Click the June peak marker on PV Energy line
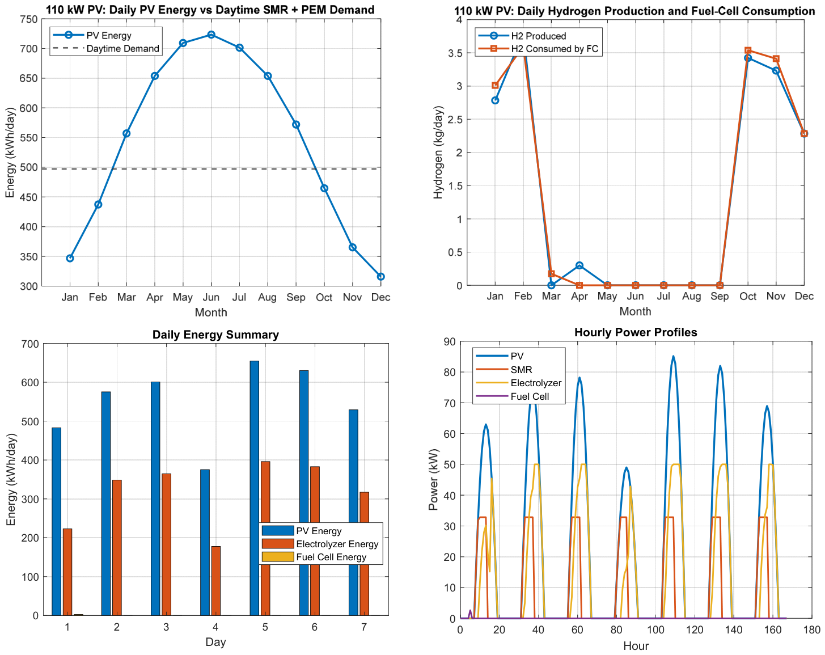[x=211, y=35]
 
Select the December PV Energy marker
[x=380, y=277]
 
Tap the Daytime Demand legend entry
[x=105, y=48]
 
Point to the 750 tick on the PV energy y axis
[x=29, y=19]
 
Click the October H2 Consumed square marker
[x=747, y=50]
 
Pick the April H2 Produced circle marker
[x=579, y=265]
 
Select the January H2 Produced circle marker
[x=495, y=100]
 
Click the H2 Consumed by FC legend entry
[x=538, y=49]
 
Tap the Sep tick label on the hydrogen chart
[x=720, y=296]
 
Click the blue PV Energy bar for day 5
[x=254, y=488]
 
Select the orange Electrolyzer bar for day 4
[x=216, y=581]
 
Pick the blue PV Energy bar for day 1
[x=56, y=521]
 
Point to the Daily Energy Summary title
[x=215, y=335]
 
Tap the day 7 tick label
[x=363, y=627]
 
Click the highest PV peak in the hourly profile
[x=673, y=356]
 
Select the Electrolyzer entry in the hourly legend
[x=519, y=383]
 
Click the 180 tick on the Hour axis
[x=811, y=629]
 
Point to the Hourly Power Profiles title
[x=636, y=332]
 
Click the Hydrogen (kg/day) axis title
[x=438, y=152]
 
